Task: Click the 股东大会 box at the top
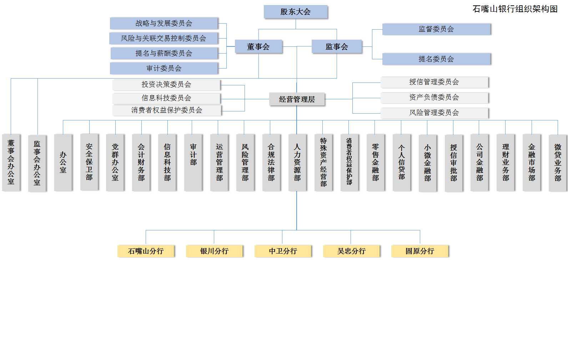point(296,12)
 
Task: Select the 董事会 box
point(258,46)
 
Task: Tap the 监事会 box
point(337,46)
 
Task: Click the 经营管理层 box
point(297,99)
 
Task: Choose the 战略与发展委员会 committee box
point(164,23)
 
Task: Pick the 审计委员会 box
point(164,68)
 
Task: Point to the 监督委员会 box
point(436,29)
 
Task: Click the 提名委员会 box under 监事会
point(436,59)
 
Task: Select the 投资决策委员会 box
point(166,85)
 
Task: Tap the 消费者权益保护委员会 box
point(167,110)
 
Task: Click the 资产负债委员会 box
point(434,97)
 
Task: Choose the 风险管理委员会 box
point(434,113)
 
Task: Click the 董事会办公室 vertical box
point(11,162)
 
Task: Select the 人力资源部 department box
point(297,162)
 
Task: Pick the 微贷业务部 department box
point(558,162)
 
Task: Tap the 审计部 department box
point(193,162)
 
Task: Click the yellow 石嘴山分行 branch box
point(146,251)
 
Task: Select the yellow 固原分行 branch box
point(420,251)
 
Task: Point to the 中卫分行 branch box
point(283,251)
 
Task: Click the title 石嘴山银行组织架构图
point(515,9)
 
